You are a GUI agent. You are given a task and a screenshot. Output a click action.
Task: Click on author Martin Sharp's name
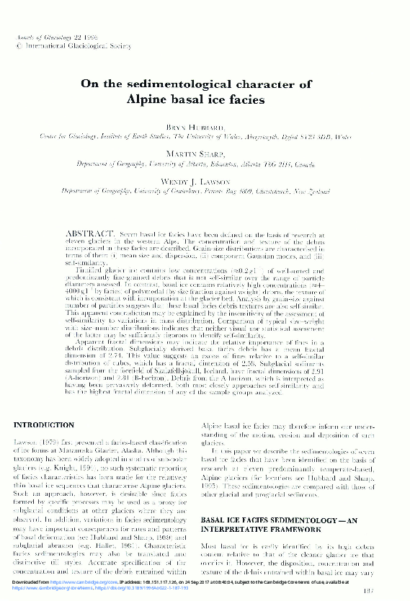(x=205, y=155)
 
